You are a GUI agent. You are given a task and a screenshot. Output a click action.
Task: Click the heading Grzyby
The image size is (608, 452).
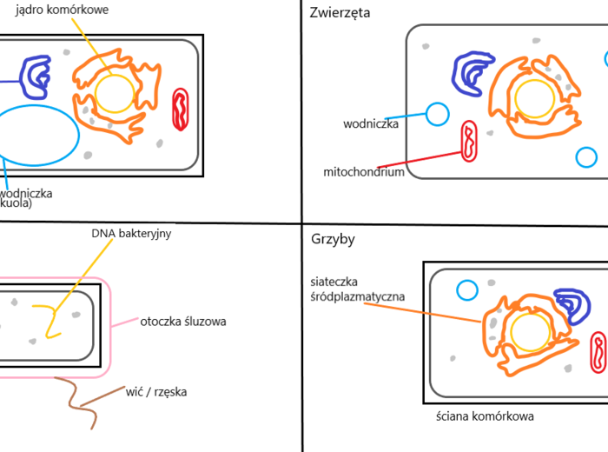click(333, 238)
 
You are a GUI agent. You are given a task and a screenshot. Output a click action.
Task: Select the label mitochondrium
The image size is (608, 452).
click(363, 172)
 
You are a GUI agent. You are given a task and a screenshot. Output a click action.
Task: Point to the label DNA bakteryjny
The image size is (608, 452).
click(130, 233)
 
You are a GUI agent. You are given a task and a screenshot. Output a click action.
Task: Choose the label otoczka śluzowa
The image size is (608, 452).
click(182, 321)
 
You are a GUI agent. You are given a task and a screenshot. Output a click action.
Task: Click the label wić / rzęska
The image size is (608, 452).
click(155, 392)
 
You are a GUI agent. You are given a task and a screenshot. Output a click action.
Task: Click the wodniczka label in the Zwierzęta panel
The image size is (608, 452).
click(370, 124)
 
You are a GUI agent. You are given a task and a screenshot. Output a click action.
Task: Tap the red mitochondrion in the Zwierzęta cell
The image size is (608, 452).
click(468, 142)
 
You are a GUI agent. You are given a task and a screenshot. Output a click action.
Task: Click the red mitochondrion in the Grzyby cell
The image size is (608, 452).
click(598, 351)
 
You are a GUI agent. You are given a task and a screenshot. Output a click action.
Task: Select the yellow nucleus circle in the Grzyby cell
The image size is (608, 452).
click(528, 330)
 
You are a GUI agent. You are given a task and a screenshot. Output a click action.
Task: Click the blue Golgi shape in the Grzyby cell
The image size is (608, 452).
click(572, 305)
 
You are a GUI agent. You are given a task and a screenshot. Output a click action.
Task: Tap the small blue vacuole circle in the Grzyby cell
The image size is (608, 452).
click(467, 291)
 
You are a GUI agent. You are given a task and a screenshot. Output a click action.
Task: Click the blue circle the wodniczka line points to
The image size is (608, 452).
click(437, 113)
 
